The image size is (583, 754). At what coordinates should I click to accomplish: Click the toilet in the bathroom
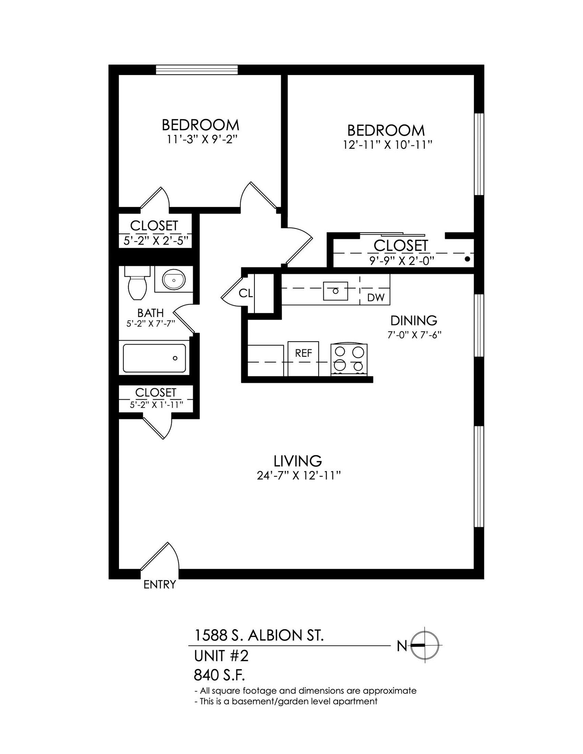tap(137, 284)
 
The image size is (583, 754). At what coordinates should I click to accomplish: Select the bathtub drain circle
tap(175, 358)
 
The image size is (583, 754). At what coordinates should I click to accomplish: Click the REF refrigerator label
tap(303, 353)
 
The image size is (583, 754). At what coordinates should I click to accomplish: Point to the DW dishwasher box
tap(376, 297)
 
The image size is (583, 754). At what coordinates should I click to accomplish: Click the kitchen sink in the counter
tap(335, 291)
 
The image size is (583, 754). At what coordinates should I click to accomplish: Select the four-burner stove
tap(349, 359)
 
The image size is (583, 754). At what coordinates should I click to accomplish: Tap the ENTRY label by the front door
tap(159, 584)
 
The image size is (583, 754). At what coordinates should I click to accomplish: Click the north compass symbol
tap(425, 645)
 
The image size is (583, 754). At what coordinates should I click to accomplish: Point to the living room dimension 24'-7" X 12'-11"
tap(298, 476)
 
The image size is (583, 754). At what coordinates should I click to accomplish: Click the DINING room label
tap(414, 320)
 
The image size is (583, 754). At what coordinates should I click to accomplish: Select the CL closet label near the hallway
tap(246, 293)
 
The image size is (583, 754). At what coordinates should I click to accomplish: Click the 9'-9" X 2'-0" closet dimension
tap(402, 261)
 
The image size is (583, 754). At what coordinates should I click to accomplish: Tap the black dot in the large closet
tap(467, 259)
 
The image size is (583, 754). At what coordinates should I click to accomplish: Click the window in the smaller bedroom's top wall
tap(197, 70)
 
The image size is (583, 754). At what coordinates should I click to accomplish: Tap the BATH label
tap(150, 313)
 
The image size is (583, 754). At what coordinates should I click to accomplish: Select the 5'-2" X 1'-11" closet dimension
tap(156, 405)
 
